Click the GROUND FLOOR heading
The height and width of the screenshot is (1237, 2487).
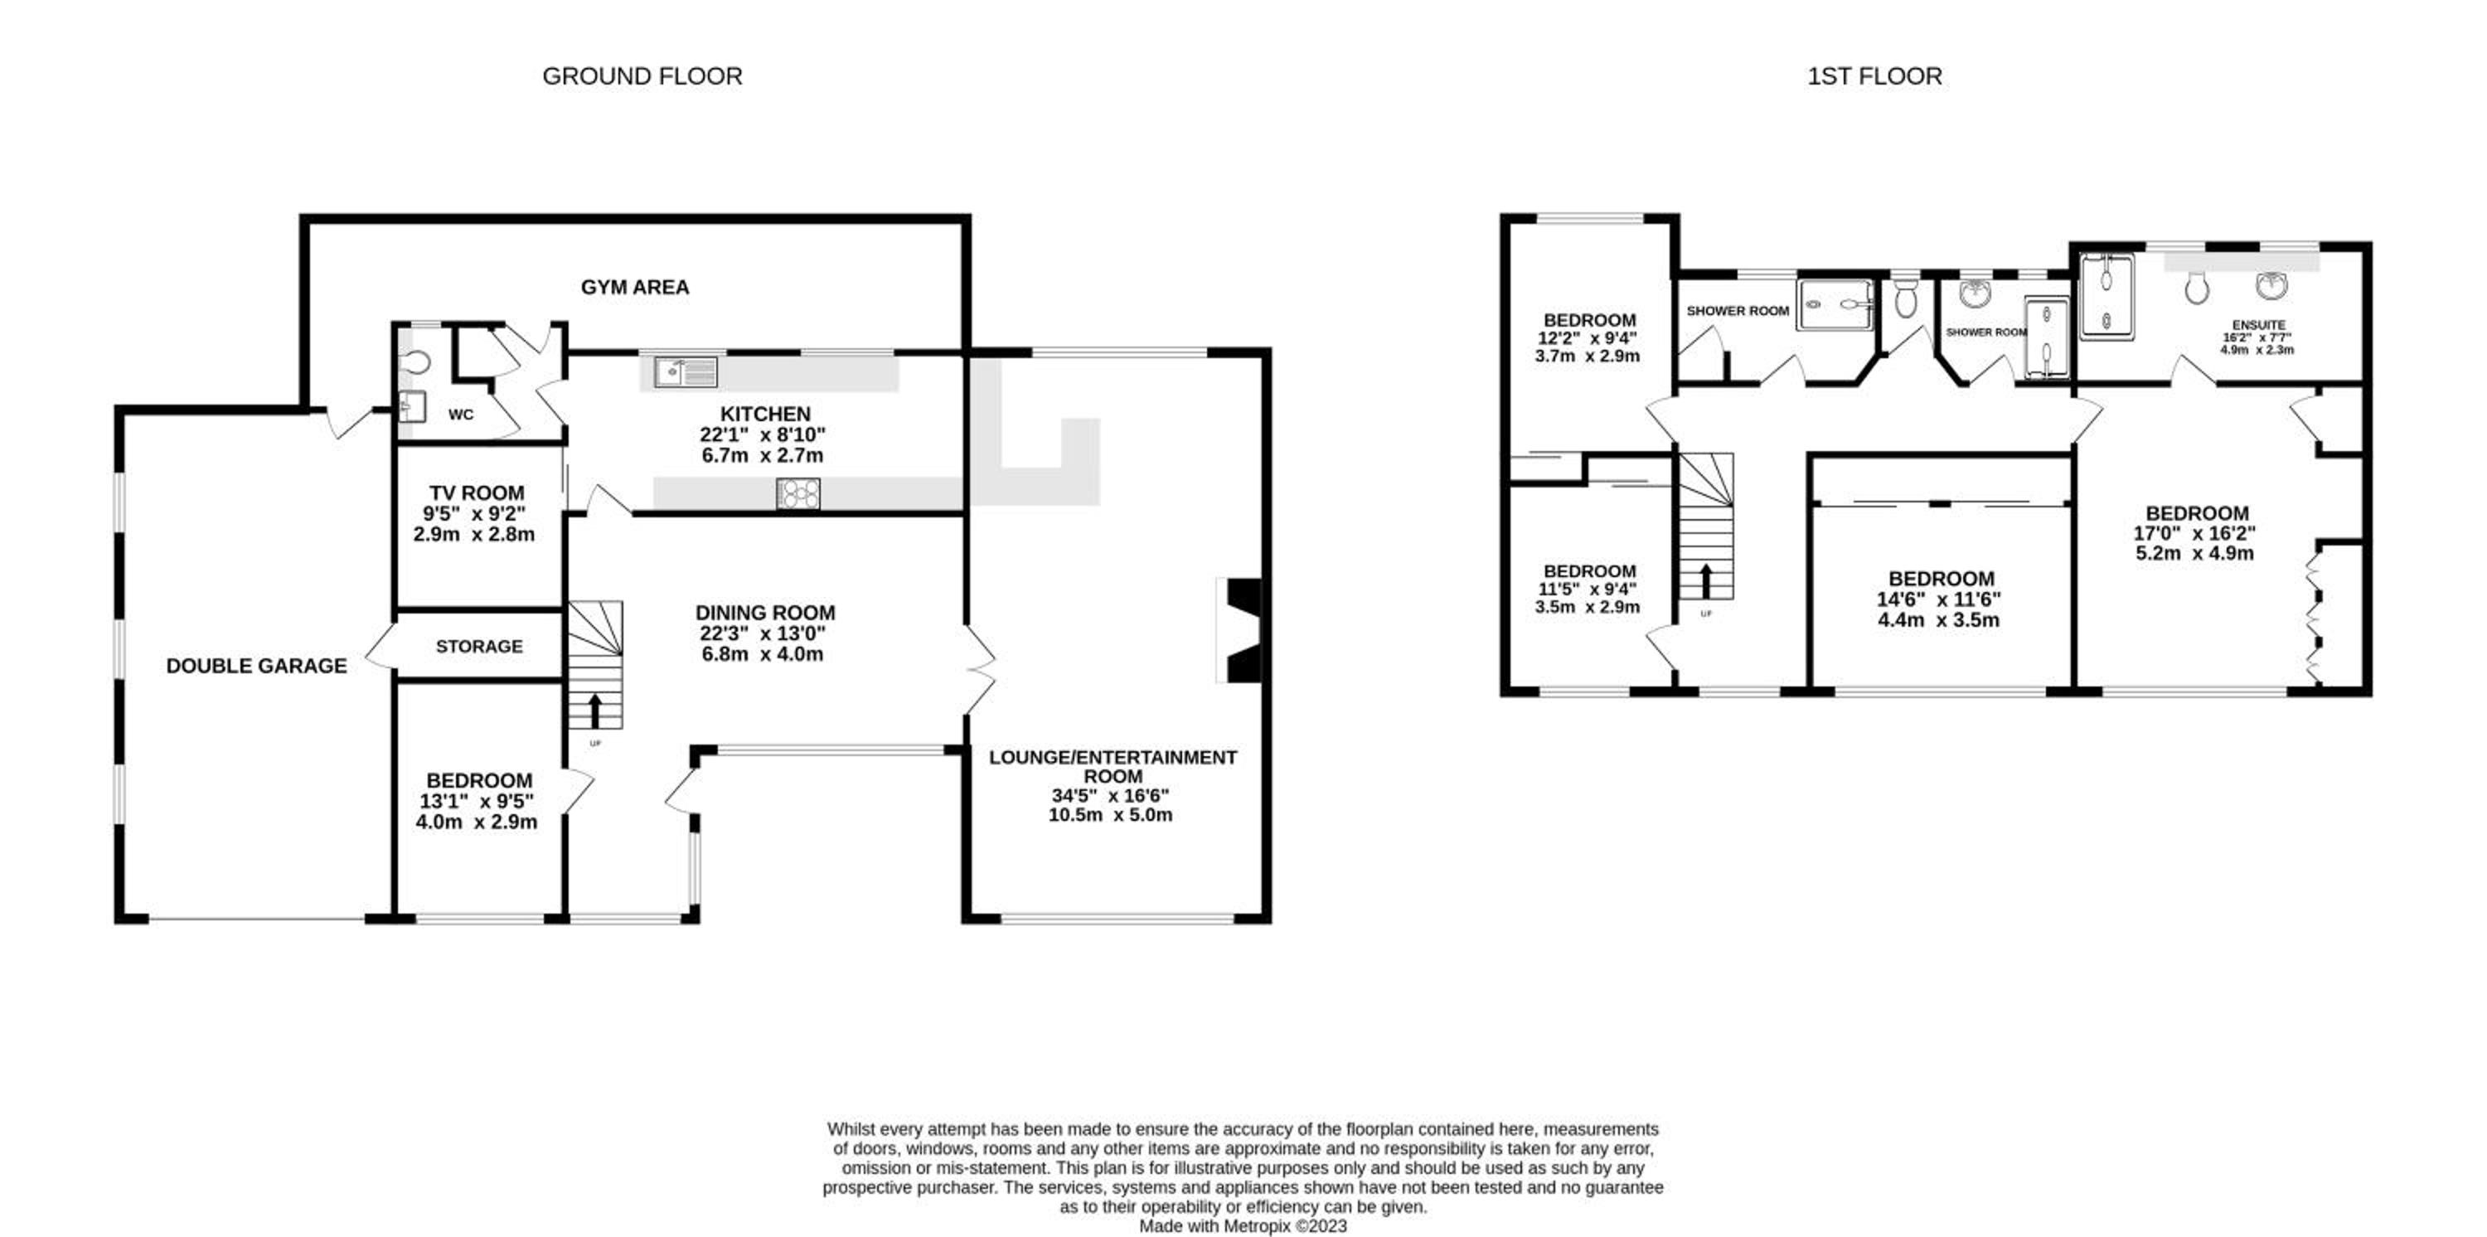coord(642,76)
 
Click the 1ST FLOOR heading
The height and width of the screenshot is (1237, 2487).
coord(1874,76)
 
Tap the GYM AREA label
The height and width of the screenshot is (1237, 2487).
coord(634,287)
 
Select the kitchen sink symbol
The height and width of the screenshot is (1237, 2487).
coord(686,371)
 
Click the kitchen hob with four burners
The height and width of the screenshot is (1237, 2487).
coord(798,493)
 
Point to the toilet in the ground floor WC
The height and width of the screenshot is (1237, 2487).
coord(414,361)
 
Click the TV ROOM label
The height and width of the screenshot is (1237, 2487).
coord(477,492)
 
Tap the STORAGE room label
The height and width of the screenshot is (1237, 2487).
coord(479,646)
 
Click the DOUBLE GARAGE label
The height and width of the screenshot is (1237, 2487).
coord(257,665)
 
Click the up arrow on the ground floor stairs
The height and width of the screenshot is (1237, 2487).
coord(594,710)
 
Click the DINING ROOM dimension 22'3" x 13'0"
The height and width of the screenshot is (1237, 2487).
coord(764,633)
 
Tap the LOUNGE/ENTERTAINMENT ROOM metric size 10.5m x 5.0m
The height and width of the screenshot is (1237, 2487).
coord(1110,815)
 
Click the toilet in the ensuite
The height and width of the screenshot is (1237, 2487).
coord(2196,287)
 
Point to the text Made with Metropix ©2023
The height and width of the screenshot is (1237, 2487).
coord(1243,1226)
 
